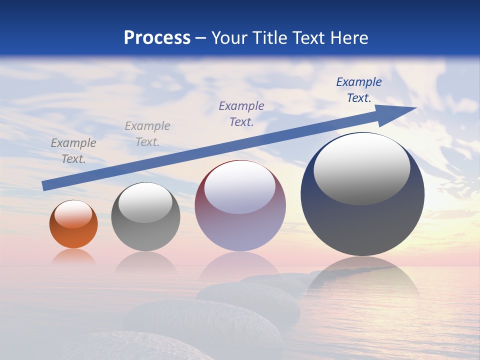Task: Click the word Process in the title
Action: [x=157, y=38]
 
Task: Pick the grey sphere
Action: [x=145, y=225]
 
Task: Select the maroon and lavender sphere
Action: [x=240, y=220]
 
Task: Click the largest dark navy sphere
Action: [x=362, y=220]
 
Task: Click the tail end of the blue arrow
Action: [x=44, y=185]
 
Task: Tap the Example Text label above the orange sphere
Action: [x=73, y=150]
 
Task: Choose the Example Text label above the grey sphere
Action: [x=147, y=133]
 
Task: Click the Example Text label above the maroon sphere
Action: [x=241, y=113]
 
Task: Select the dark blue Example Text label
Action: [x=358, y=89]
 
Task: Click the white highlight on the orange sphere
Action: [x=73, y=214]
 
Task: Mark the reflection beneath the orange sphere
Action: [x=73, y=256]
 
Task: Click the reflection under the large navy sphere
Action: [x=362, y=275]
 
